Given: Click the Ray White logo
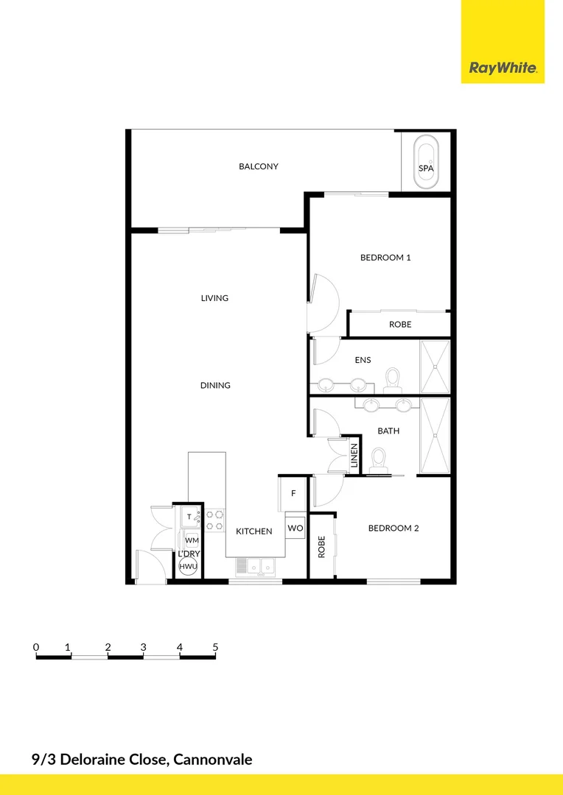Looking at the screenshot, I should coord(503,68).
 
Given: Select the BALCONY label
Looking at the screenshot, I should coord(259,166).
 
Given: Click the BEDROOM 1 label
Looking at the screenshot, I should coord(385,258).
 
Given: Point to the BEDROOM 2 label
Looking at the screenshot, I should coord(394,528).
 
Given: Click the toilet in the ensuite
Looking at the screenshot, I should coord(393,378).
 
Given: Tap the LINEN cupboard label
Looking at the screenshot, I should coord(354,456).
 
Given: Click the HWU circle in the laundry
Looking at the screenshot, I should coord(188,566).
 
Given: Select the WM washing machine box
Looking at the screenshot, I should coord(192,540).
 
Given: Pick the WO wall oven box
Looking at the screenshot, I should coord(296,529).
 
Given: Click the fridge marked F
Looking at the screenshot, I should coord(293,493).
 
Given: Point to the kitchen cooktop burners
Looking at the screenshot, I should coord(215,520).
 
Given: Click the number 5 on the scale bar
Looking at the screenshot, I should coord(215,647).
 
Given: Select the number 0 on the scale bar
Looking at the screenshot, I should coord(36,647).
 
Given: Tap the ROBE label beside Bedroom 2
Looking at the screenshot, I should coord(321,547).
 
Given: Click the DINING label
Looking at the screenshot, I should coord(215,385).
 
